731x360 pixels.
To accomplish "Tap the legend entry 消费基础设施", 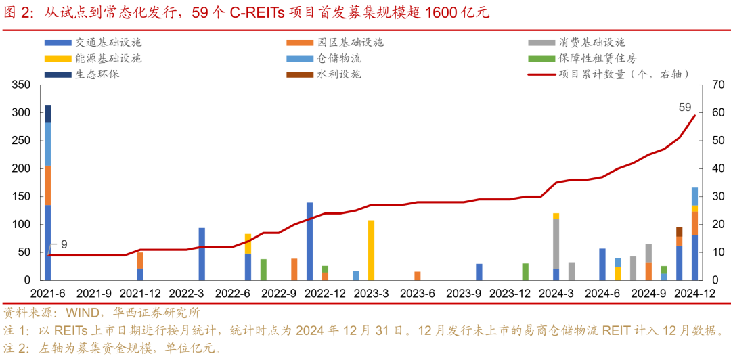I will point(592,42).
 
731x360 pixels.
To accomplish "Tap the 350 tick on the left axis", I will point(22,85).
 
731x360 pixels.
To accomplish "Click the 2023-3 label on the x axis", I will point(371,294).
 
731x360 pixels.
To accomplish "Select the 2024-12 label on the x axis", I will point(694,294).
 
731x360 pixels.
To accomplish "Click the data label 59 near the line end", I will point(685,107).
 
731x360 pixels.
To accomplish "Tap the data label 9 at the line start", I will point(64,244).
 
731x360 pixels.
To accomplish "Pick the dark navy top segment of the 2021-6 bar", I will point(48,114).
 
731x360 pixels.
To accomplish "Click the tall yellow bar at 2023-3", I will point(371,250).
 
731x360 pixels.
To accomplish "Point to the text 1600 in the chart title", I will point(443,13).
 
